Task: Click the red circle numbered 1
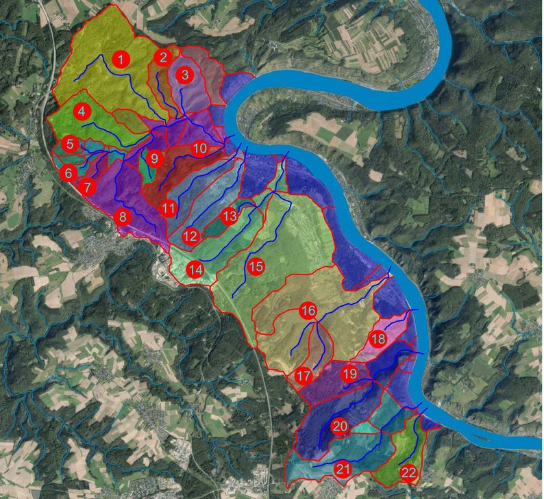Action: point(121,60)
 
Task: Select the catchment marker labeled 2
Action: point(162,58)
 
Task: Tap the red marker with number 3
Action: point(185,75)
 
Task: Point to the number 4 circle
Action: point(82,111)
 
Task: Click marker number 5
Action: point(69,144)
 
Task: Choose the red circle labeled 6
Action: point(69,173)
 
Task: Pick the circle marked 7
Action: point(87,186)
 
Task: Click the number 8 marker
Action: point(123,218)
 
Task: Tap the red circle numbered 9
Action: point(154,159)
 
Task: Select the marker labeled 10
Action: point(199,148)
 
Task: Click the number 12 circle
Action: point(190,237)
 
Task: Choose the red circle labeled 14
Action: point(196,270)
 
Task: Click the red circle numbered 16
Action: point(308,311)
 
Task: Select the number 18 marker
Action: point(378,339)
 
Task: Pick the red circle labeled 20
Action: point(340,426)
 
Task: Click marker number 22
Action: point(408,472)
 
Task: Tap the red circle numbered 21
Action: point(343,470)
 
